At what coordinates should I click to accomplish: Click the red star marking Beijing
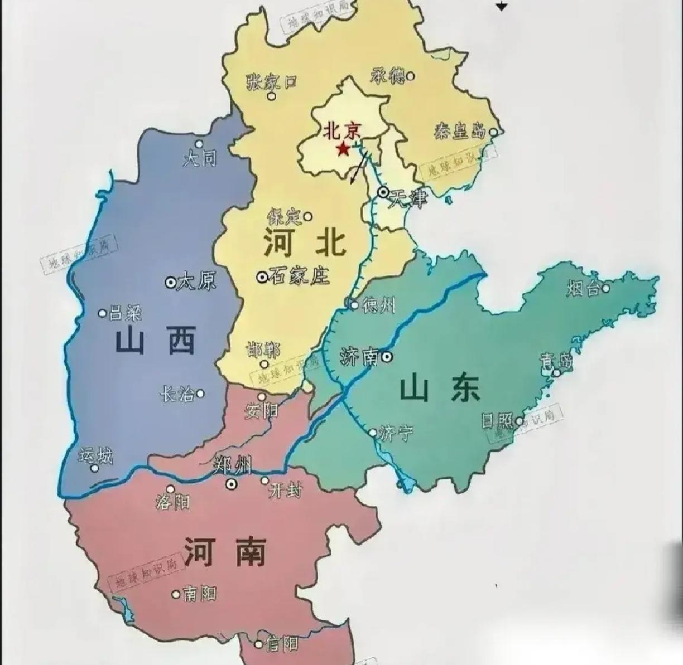coord(343,149)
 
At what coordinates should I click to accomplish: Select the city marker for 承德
coord(411,75)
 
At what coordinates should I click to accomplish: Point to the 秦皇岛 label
coord(460,132)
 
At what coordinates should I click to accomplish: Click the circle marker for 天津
coord(383,192)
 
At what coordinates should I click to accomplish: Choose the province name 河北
coord(305,243)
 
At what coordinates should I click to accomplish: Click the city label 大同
coord(199,159)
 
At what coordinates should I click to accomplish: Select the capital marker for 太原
coord(170,282)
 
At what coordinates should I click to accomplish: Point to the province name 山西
coord(156,341)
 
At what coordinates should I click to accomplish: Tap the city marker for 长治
coord(200,394)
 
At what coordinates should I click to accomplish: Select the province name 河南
coord(224,551)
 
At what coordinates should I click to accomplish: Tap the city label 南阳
coord(199,594)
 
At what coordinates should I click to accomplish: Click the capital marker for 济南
coord(387,357)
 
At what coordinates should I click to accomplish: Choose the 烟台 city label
coord(583,288)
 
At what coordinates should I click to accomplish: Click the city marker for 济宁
coord(373,432)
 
